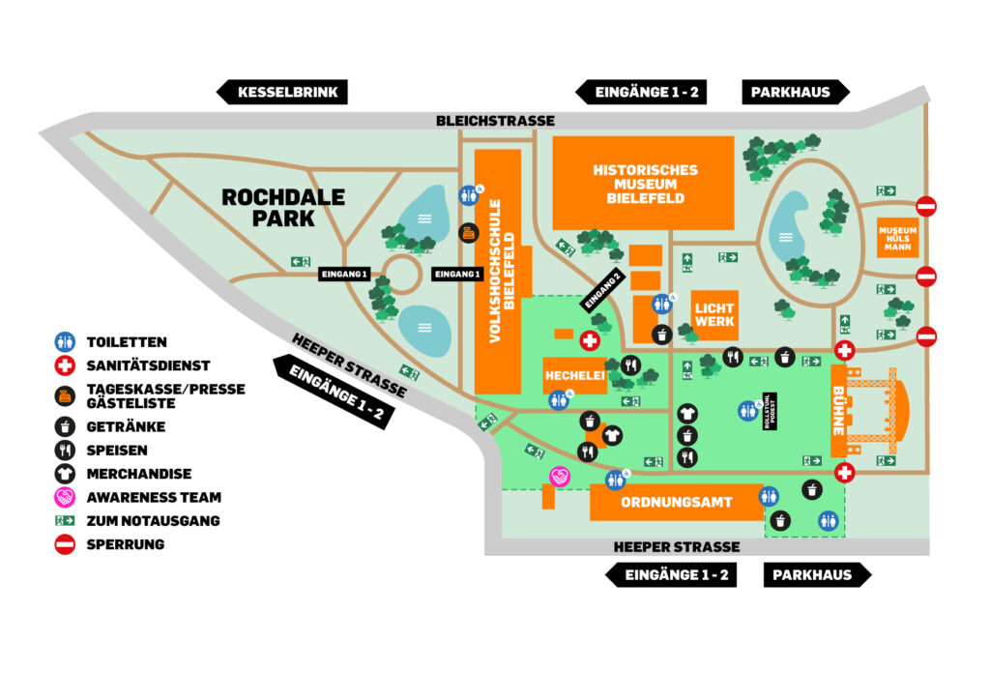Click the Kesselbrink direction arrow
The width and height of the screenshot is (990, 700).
pyautogui.click(x=280, y=93)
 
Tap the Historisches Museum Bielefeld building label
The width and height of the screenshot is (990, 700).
pyautogui.click(x=645, y=184)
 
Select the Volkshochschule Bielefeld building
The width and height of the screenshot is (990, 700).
pyautogui.click(x=498, y=271)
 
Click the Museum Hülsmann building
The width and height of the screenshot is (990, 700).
pyautogui.click(x=895, y=237)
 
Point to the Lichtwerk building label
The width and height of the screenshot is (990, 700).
pyautogui.click(x=714, y=314)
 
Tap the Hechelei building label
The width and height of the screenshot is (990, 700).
pyautogui.click(x=574, y=375)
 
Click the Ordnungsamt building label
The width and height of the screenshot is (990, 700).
pyautogui.click(x=676, y=503)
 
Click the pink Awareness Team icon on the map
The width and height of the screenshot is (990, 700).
pyautogui.click(x=559, y=476)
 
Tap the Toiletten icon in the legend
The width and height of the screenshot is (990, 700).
pyautogui.click(x=65, y=342)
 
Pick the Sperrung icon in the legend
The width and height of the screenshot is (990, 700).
pyautogui.click(x=65, y=544)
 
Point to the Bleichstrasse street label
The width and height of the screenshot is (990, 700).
pyautogui.click(x=495, y=121)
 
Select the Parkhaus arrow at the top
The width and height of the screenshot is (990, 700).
pyautogui.click(x=796, y=93)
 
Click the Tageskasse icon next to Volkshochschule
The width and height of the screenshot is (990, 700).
pyautogui.click(x=467, y=232)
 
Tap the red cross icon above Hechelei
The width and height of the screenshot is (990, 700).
pyautogui.click(x=588, y=340)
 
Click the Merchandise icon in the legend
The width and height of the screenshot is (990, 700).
pyautogui.click(x=65, y=474)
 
